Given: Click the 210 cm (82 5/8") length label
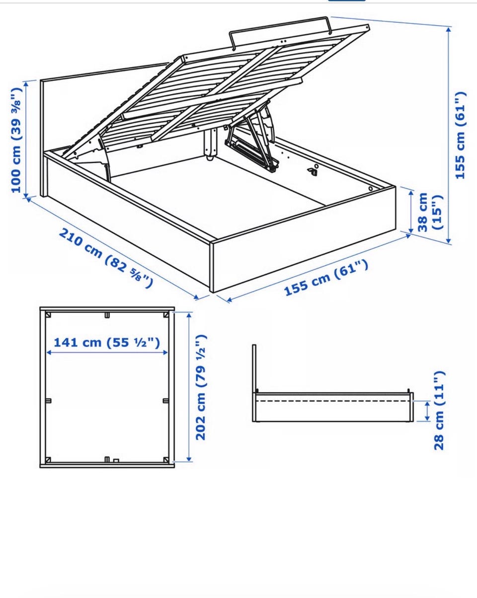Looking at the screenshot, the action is [106, 258].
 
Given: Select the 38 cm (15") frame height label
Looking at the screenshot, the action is [429, 212].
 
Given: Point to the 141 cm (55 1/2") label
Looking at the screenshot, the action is [107, 342].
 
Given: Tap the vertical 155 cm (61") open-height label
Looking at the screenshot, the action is [460, 135].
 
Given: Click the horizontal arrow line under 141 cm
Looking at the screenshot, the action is [107, 353].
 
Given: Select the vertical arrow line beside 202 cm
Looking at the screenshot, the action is [189, 387].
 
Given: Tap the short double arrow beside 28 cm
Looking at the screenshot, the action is [427, 411].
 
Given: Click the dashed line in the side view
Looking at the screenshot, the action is [333, 401].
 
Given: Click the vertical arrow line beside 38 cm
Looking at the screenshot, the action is [411, 212].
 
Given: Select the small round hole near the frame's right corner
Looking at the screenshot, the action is [371, 189].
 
